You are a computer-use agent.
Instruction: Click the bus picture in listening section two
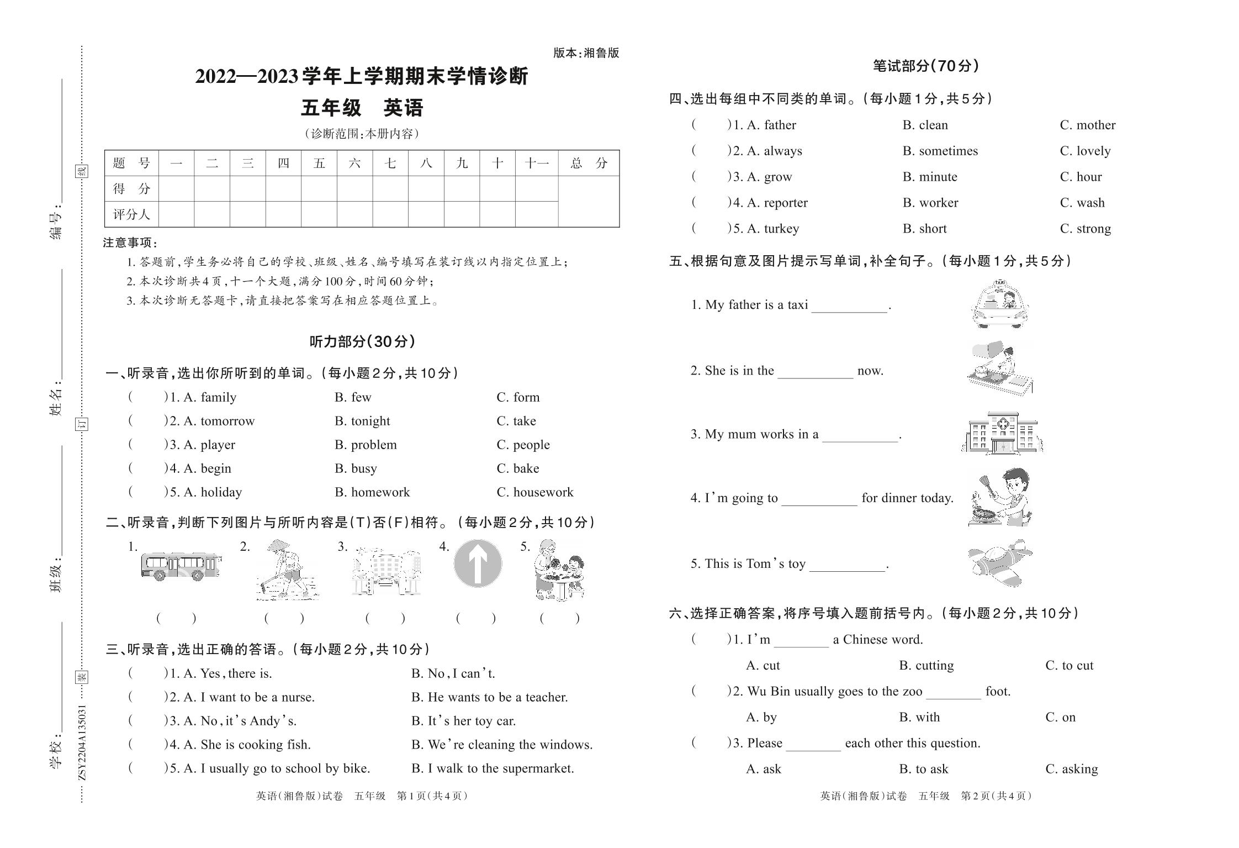181,566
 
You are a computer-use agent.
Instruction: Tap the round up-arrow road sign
478,563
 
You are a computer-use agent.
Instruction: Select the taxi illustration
1000,304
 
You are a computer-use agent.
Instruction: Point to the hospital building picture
1002,433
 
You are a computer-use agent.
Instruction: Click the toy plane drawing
1000,563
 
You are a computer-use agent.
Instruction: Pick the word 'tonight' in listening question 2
370,421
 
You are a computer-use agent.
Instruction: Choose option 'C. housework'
534,492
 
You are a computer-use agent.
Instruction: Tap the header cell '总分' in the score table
589,163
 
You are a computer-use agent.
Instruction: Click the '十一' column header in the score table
536,163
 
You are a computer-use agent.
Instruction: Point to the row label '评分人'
131,214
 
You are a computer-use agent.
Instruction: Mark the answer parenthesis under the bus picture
176,618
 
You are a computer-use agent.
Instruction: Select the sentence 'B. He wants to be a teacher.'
489,697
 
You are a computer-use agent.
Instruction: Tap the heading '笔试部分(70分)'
926,66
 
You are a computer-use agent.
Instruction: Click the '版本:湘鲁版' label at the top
586,53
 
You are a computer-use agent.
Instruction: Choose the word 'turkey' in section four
781,229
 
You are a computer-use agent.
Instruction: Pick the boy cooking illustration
1000,497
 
